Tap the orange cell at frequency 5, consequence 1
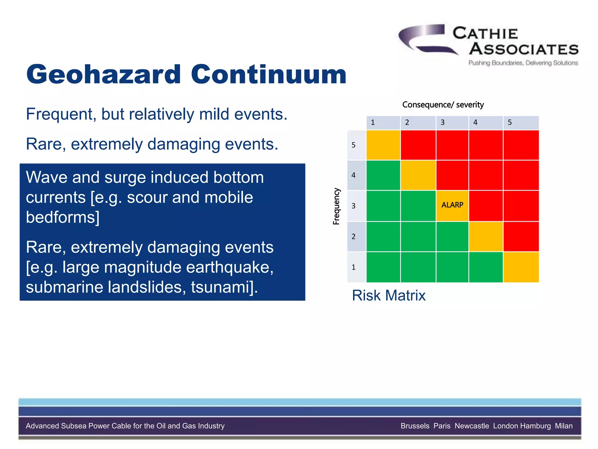point(383,145)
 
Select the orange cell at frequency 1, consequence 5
point(521,267)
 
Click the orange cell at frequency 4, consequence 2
point(418,175)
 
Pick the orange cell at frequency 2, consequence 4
point(486,236)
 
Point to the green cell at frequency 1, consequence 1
point(383,267)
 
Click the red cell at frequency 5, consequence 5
point(521,145)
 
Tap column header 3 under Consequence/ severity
point(443,122)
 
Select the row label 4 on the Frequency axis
point(354,175)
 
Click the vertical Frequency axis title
point(336,206)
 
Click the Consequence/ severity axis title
point(443,105)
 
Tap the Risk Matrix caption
point(388,295)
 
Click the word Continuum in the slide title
point(268,75)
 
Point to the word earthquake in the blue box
point(228,267)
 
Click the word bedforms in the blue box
point(60,217)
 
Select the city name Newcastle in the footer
point(472,426)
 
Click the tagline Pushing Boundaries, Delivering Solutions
point(523,63)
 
